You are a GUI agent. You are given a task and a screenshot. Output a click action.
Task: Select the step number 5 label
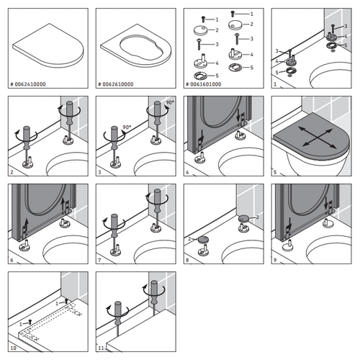pos(275,173)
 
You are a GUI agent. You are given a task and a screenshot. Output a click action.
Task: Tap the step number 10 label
pos(13,349)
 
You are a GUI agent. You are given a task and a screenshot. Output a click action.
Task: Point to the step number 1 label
pos(275,84)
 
